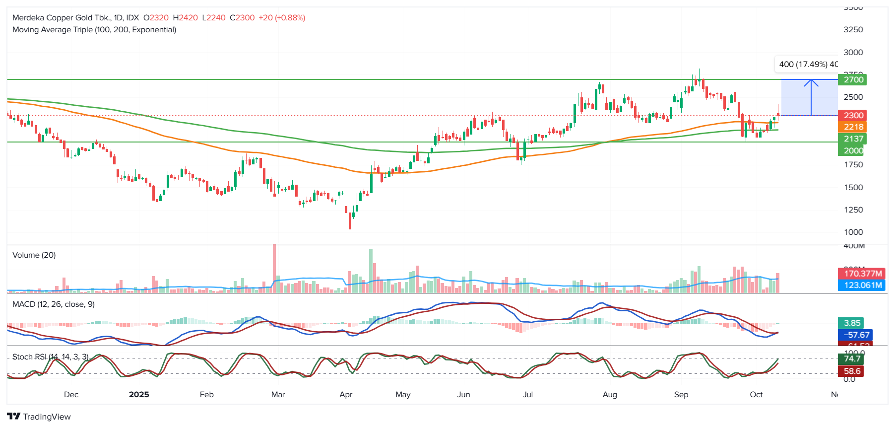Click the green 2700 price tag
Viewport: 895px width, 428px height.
click(x=853, y=79)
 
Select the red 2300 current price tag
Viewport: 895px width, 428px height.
click(x=853, y=115)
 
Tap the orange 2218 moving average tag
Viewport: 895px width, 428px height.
click(x=853, y=127)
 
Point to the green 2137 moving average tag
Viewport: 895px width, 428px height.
click(x=853, y=139)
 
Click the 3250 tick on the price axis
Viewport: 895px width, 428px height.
click(x=853, y=30)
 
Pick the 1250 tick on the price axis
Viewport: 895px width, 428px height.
click(x=853, y=210)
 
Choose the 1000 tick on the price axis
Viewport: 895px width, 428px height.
click(x=853, y=232)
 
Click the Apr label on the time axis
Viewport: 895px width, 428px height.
click(x=346, y=395)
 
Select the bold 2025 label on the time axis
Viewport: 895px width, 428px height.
click(x=139, y=395)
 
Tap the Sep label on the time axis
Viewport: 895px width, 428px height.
click(x=681, y=395)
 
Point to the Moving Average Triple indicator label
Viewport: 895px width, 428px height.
click(x=94, y=30)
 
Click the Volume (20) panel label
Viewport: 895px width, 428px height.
click(x=34, y=255)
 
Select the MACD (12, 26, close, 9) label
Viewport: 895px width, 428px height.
click(x=54, y=304)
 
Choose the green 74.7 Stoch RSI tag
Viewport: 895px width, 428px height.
click(x=852, y=358)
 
